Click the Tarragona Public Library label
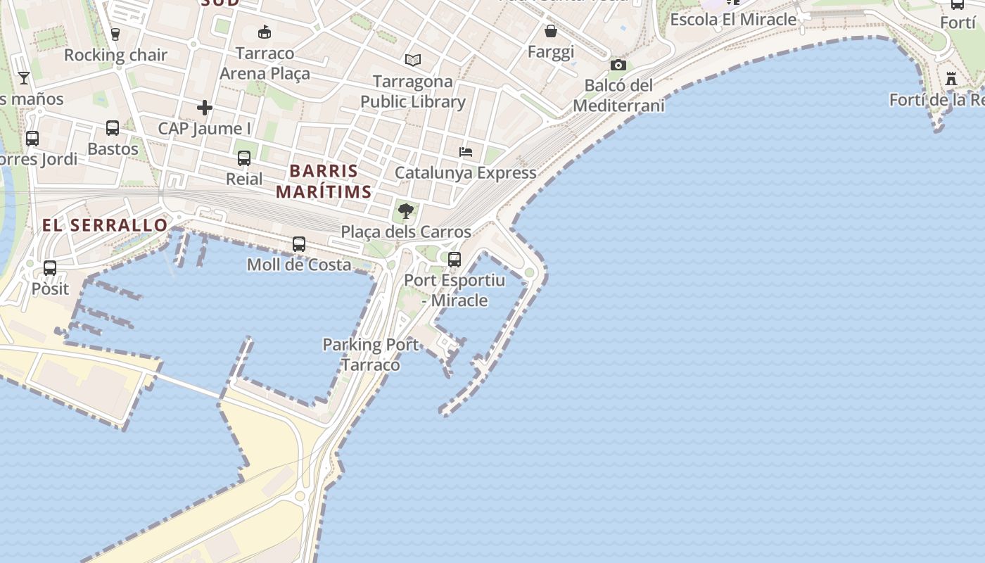pyautogui.click(x=413, y=91)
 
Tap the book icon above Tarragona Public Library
pyautogui.click(x=413, y=61)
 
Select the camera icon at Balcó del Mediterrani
pyautogui.click(x=618, y=65)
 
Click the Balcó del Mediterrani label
pyautogui.click(x=619, y=96)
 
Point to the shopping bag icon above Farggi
pyautogui.click(x=551, y=31)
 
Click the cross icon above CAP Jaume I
pyautogui.click(x=205, y=108)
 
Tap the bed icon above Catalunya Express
pyautogui.click(x=465, y=151)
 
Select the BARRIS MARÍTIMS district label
pyautogui.click(x=324, y=181)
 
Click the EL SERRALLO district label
pyautogui.click(x=106, y=225)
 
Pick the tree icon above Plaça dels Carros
pyautogui.click(x=405, y=210)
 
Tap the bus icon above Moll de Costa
pyautogui.click(x=299, y=244)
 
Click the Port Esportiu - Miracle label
pyautogui.click(x=455, y=290)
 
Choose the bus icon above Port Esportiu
pyautogui.click(x=455, y=259)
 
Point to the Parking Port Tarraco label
pyautogui.click(x=371, y=355)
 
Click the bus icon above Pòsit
pyautogui.click(x=49, y=267)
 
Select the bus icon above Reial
pyautogui.click(x=244, y=158)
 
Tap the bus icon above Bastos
pyautogui.click(x=113, y=128)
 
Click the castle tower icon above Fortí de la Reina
pyautogui.click(x=951, y=79)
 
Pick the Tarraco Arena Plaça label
pyautogui.click(x=265, y=63)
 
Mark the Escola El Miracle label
pyautogui.click(x=733, y=20)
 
